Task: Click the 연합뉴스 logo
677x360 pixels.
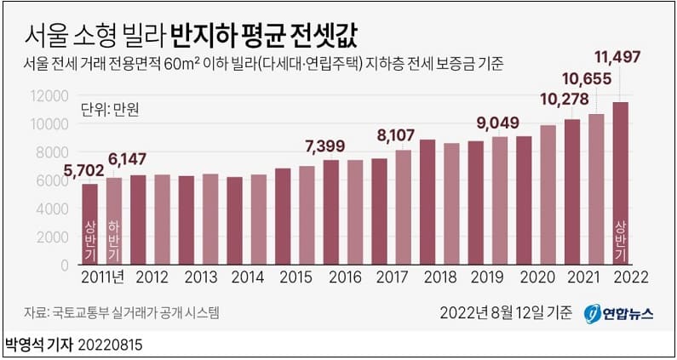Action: [619, 313]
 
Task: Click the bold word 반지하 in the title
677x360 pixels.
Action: [204, 36]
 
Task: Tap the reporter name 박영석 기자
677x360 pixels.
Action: [39, 346]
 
